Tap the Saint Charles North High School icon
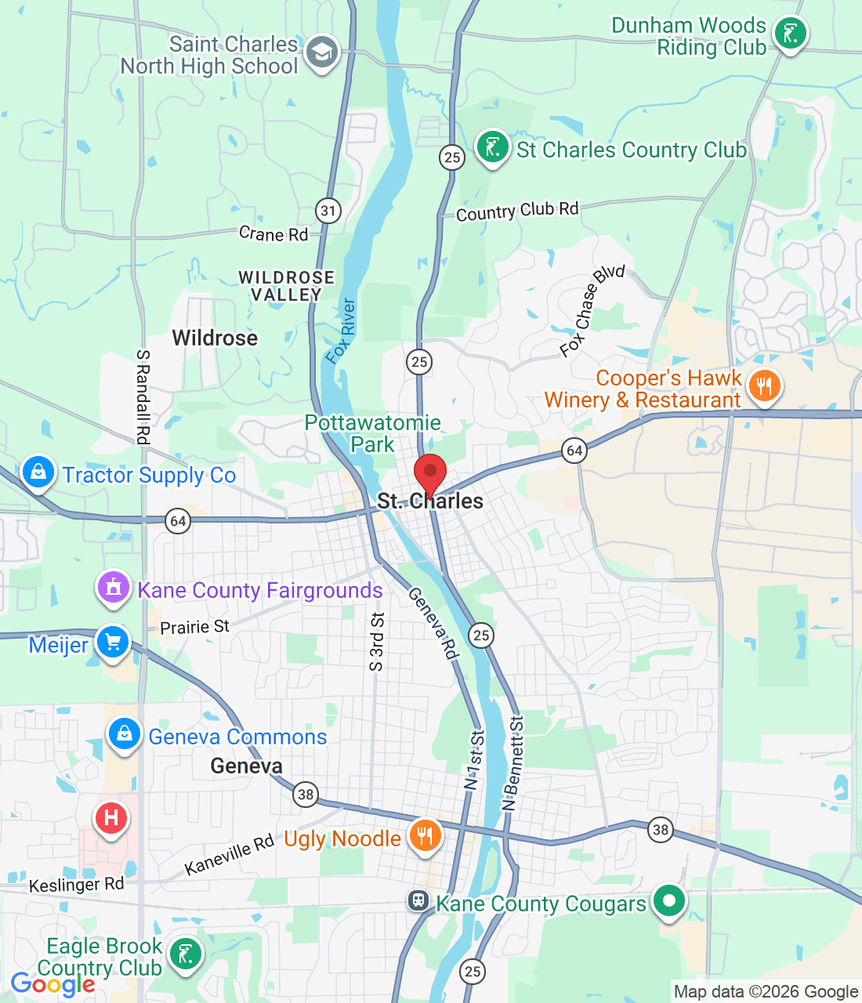tap(322, 53)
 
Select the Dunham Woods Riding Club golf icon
tap(790, 34)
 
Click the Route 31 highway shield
tap(328, 210)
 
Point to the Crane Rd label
tap(273, 234)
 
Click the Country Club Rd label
tap(517, 211)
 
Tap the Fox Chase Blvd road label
tap(592, 310)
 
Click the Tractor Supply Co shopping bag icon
tap(38, 473)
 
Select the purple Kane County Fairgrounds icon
tap(113, 587)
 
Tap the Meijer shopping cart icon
tap(113, 643)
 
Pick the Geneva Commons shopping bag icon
tap(124, 734)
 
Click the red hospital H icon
tap(110, 819)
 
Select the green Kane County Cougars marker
tap(668, 900)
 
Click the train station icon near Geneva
tap(418, 900)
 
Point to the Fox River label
tap(341, 331)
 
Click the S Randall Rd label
tap(143, 396)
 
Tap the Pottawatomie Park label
tap(372, 433)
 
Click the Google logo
tap(52, 984)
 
